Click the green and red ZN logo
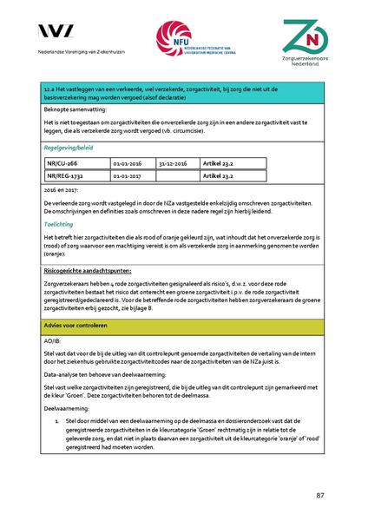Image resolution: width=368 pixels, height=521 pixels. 306,37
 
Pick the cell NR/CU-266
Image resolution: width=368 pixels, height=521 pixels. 62,162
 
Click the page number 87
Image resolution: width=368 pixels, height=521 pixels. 320,495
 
